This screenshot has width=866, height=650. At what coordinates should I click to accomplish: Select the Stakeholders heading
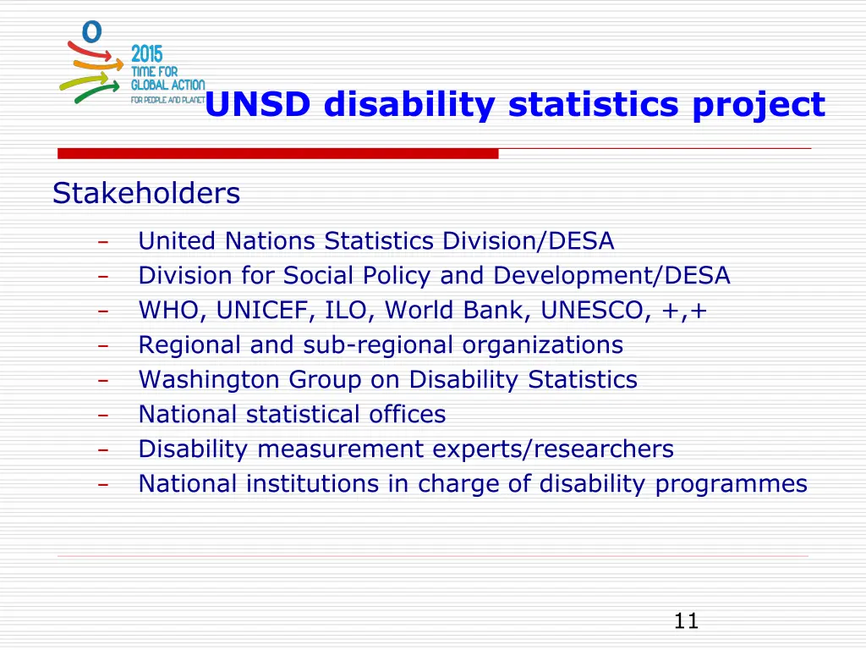coord(146,194)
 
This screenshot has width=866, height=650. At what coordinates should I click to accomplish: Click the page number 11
coord(686,621)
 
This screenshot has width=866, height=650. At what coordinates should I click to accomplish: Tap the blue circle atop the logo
coord(92,31)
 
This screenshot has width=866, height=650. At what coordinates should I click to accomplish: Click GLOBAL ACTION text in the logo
coord(167,85)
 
